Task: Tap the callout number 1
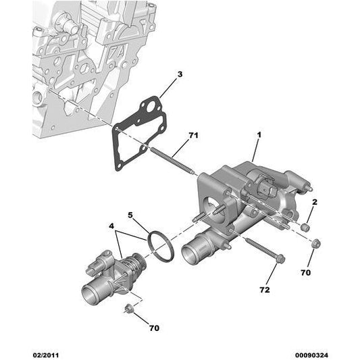tap(258, 135)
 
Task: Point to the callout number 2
tap(314, 201)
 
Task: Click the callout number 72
tap(264, 289)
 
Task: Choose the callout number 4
tap(112, 226)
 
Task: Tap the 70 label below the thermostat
tap(155, 328)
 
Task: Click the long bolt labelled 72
tap(260, 247)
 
